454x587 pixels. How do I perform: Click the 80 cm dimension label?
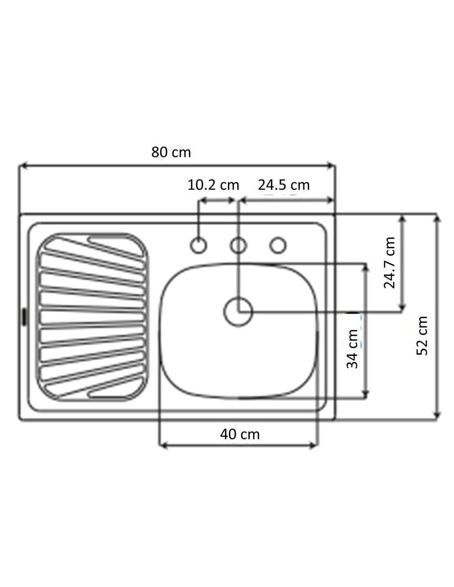pyautogui.click(x=171, y=152)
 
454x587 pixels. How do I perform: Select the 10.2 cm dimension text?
pyautogui.click(x=213, y=186)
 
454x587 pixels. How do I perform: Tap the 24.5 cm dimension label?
pyautogui.click(x=284, y=186)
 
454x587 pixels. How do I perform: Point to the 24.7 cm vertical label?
pyautogui.click(x=389, y=263)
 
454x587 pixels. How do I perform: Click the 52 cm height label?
pyautogui.click(x=422, y=335)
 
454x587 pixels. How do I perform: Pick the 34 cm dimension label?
pyautogui.click(x=352, y=349)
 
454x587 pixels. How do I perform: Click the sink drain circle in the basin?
pyautogui.click(x=238, y=312)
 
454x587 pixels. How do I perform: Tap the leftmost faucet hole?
pyautogui.click(x=199, y=245)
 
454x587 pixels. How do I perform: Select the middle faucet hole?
pyautogui.click(x=238, y=245)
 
